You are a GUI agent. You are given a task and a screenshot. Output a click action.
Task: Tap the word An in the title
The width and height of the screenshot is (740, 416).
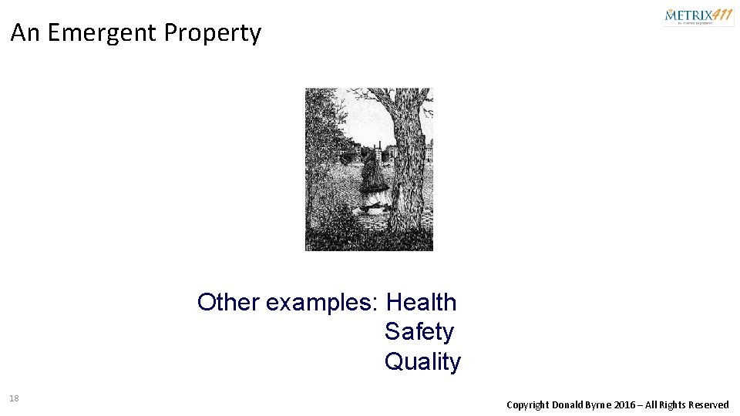[25, 33]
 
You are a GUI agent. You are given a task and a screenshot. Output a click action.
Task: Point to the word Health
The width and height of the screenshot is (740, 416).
[421, 302]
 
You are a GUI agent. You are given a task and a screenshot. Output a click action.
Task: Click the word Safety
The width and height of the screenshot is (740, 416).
[419, 332]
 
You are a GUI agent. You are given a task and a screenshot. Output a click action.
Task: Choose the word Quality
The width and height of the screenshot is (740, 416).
[422, 361]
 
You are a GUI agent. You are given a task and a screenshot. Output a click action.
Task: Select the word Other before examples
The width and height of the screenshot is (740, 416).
[228, 302]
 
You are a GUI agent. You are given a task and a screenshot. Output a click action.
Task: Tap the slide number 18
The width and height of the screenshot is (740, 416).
[14, 398]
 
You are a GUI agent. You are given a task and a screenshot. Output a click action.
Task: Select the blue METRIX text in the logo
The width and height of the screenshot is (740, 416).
[688, 15]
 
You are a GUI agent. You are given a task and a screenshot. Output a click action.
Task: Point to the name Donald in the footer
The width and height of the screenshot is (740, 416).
[567, 404]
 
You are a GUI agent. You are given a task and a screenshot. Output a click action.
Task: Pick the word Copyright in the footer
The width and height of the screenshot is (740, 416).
[527, 405]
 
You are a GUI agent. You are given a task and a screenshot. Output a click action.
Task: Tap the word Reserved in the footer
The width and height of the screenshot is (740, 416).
[709, 404]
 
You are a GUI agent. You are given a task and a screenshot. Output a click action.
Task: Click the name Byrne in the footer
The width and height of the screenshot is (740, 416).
[600, 405]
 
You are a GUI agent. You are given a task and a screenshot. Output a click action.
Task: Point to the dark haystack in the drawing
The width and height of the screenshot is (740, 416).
[371, 173]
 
